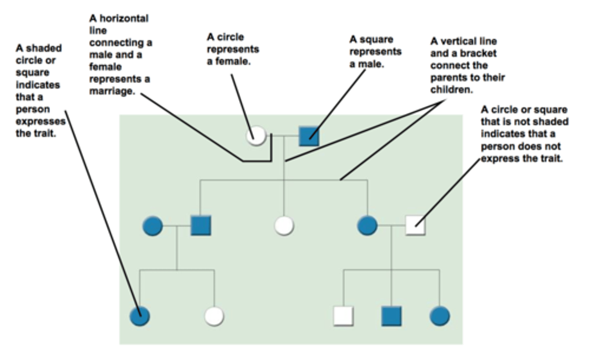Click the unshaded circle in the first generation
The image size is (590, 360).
pyautogui.click(x=256, y=136)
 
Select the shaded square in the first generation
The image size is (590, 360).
pyautogui.click(x=309, y=136)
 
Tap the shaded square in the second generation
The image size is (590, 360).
pyautogui.click(x=201, y=226)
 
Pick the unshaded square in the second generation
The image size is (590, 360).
pyautogui.click(x=415, y=226)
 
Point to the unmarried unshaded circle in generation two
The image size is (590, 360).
pyautogui.click(x=284, y=226)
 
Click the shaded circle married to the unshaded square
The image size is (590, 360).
pyautogui.click(x=367, y=226)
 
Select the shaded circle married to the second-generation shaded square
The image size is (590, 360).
pyautogui.click(x=152, y=226)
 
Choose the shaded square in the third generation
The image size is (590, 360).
pyautogui.click(x=391, y=316)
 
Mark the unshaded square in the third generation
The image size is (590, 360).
pyautogui.click(x=343, y=316)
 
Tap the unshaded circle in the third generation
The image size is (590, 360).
pyautogui.click(x=214, y=316)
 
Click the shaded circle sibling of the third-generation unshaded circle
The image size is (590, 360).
pyautogui.click(x=140, y=316)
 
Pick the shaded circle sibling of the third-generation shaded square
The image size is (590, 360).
pyautogui.click(x=440, y=316)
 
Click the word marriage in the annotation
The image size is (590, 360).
pyautogui.click(x=111, y=91)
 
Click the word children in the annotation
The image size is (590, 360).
pyautogui.click(x=451, y=90)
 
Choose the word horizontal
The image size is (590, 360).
pyautogui.click(x=124, y=18)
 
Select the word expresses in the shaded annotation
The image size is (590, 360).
pyautogui.click(x=41, y=122)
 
